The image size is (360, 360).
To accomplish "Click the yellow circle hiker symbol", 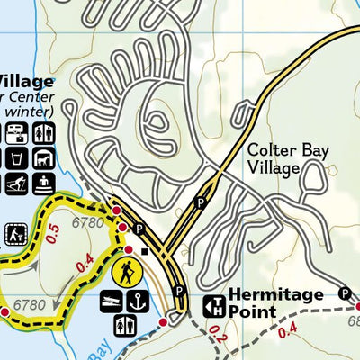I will point(127,271).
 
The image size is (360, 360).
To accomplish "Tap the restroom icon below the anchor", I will point(126,325).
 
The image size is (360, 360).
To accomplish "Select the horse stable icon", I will point(42,159).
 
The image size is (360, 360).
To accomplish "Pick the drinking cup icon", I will point(17,159).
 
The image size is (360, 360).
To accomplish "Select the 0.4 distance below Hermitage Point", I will point(288,331).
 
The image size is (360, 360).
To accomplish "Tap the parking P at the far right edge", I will point(344,293).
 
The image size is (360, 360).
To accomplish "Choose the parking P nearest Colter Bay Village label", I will point(202,203).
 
